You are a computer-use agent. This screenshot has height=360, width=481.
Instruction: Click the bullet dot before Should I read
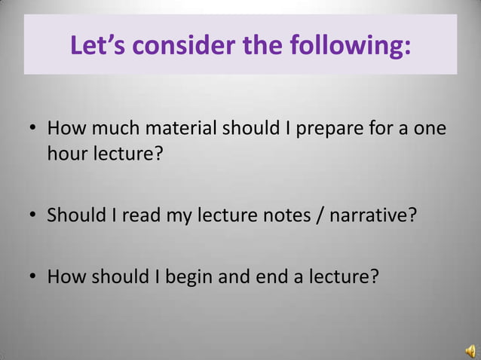point(34,218)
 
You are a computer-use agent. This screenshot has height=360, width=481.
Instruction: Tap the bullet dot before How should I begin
point(34,277)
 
